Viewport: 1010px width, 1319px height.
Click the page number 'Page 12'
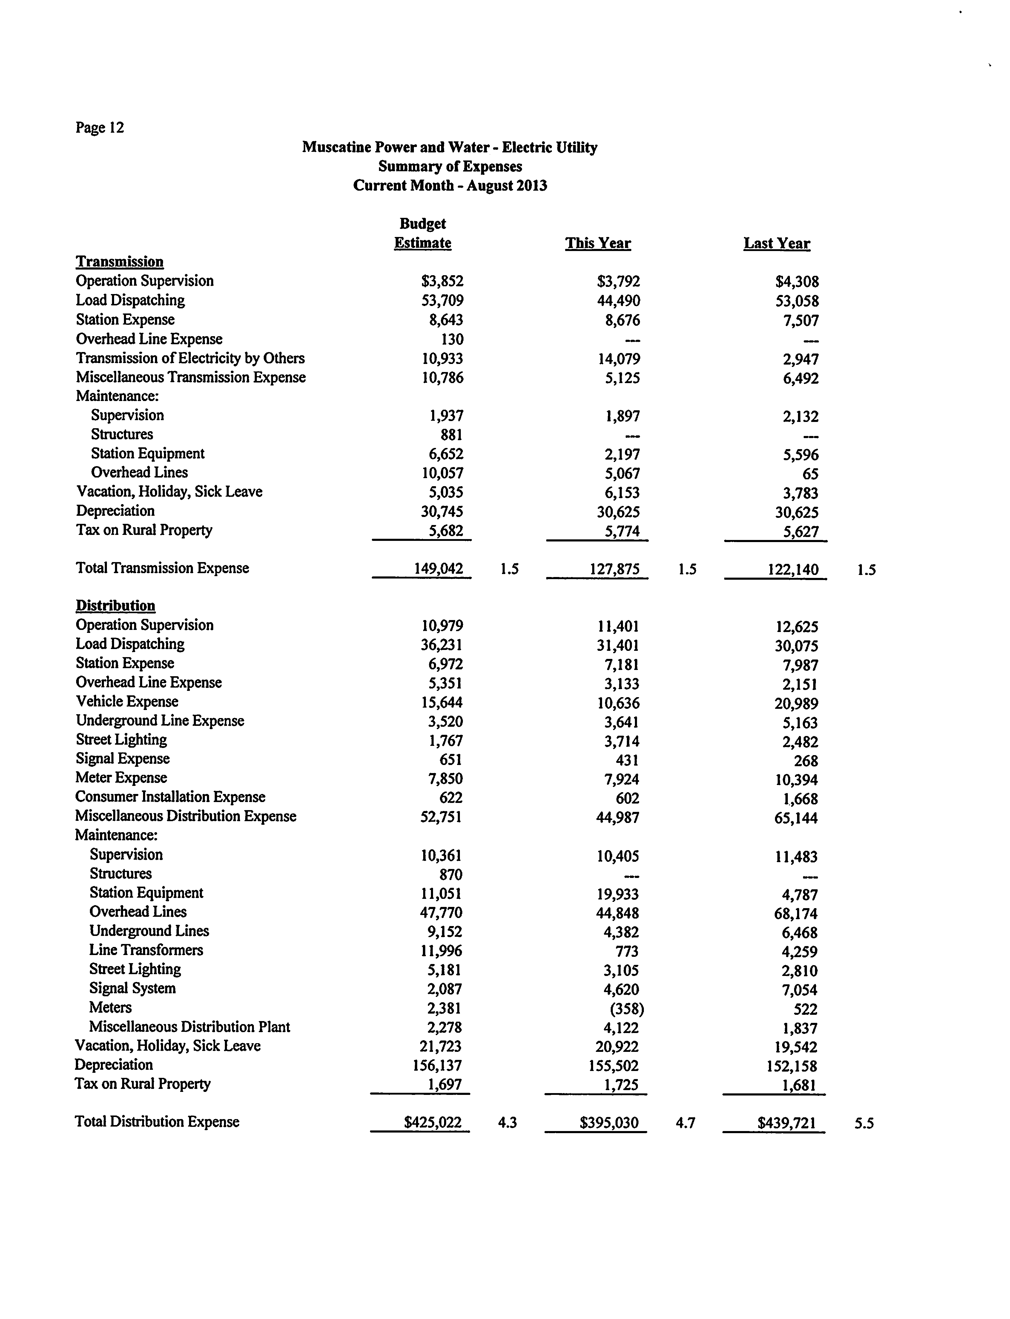100,128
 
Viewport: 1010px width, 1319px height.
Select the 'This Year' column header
598,244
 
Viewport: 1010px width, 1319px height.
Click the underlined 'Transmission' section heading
120,262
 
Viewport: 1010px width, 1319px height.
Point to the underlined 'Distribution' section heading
116,606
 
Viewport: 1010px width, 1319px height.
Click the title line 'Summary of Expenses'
450,167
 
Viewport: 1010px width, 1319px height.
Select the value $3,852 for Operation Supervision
443,281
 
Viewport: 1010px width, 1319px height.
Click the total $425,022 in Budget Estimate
433,1122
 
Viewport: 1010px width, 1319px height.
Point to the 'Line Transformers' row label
146,950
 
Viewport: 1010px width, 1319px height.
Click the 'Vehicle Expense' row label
127,702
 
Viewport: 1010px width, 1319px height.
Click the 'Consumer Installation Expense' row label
170,797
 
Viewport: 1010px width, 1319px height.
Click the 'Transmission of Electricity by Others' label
190,359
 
